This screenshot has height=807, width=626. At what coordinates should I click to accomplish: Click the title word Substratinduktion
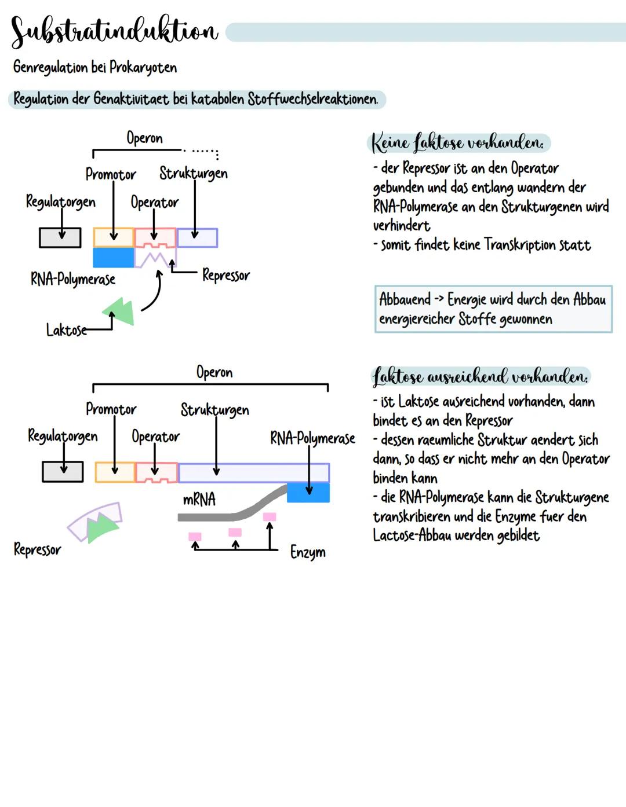coord(114,31)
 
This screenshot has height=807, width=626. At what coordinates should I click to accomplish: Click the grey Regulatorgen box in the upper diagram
coord(60,237)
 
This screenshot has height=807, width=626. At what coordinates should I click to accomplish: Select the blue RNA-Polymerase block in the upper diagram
coord(113,258)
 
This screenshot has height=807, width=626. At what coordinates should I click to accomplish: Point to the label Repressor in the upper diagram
coord(226,275)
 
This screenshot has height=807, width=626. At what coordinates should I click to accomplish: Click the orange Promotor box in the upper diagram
coord(113,237)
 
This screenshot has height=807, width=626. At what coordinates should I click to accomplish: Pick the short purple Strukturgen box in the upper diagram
coord(197,237)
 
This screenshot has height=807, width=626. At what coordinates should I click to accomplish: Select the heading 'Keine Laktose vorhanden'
coord(458,142)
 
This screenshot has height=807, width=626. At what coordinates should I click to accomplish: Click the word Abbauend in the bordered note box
coord(405,299)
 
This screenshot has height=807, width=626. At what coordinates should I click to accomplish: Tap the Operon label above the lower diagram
coord(214,372)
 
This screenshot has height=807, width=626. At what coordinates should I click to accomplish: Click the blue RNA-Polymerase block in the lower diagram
coord(308,492)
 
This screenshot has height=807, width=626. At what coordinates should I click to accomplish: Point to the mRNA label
coord(199,499)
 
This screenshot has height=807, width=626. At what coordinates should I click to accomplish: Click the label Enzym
coord(308,552)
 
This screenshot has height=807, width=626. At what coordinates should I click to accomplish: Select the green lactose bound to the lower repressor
coord(102,526)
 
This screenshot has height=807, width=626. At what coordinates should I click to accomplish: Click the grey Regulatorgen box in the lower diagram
coord(63,472)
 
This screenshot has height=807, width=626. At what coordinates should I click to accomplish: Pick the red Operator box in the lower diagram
coord(156,472)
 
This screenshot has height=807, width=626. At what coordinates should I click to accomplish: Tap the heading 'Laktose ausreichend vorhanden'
coord(480,377)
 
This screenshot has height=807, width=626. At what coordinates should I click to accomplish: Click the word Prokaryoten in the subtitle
coord(143,68)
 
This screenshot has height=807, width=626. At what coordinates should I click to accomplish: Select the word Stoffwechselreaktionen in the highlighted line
coord(312,99)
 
